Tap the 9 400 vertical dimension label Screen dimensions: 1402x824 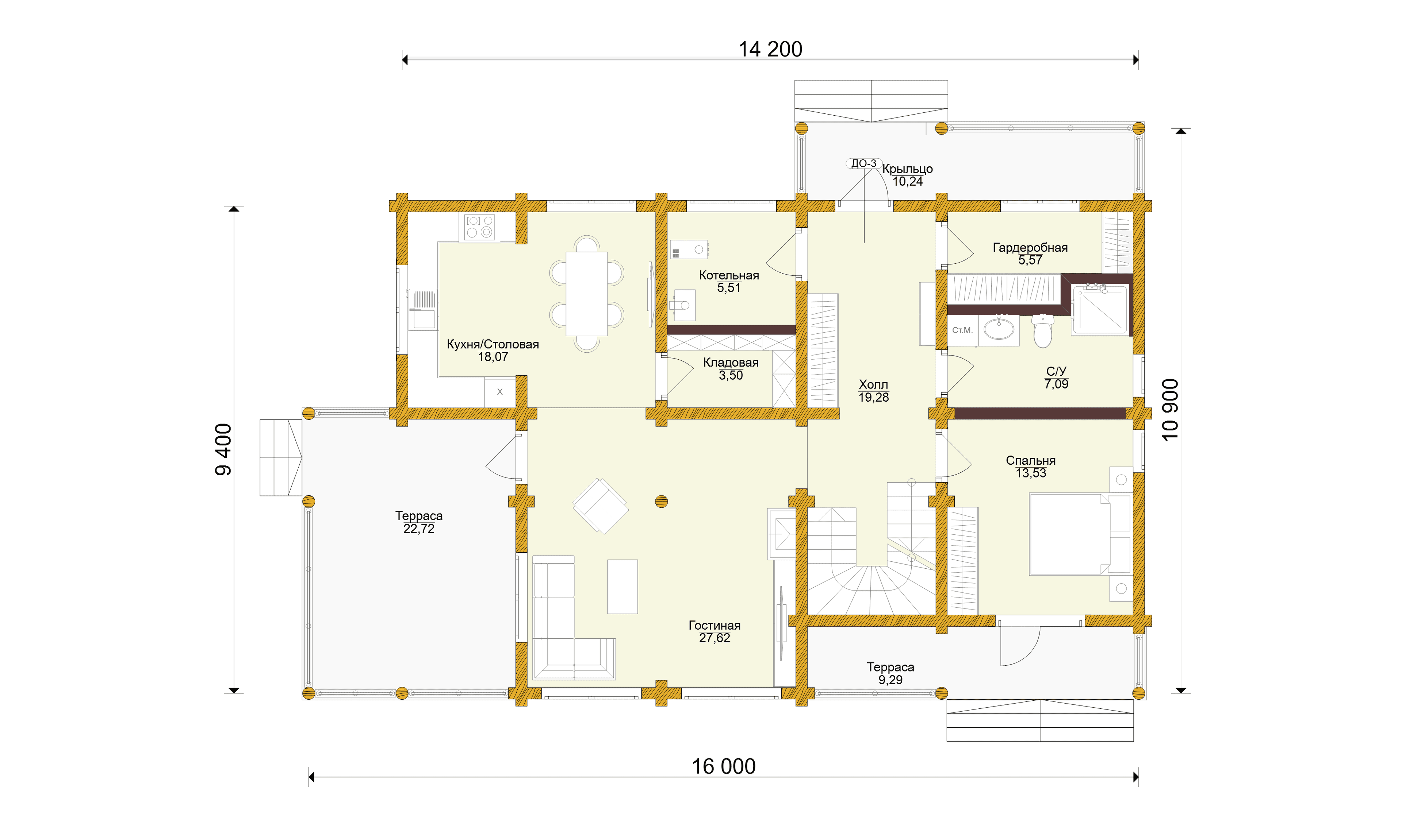(x=224, y=449)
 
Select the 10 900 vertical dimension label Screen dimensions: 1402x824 (x=1170, y=410)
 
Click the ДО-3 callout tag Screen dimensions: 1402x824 (x=863, y=163)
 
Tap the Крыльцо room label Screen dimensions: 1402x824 (x=907, y=169)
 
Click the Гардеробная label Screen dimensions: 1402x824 (x=1030, y=247)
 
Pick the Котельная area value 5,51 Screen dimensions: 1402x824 (x=729, y=288)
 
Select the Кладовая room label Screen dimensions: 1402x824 (x=731, y=363)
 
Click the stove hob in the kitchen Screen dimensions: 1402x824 (x=479, y=227)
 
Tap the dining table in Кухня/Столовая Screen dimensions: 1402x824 (x=586, y=294)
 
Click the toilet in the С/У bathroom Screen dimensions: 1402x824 (x=1043, y=331)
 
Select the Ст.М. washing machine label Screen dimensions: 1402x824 (x=962, y=330)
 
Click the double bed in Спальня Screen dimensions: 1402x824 (x=1079, y=534)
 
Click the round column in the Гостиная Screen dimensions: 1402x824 (x=661, y=502)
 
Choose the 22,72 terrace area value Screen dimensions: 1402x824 (x=419, y=529)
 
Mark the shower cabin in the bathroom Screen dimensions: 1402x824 (x=1100, y=309)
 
